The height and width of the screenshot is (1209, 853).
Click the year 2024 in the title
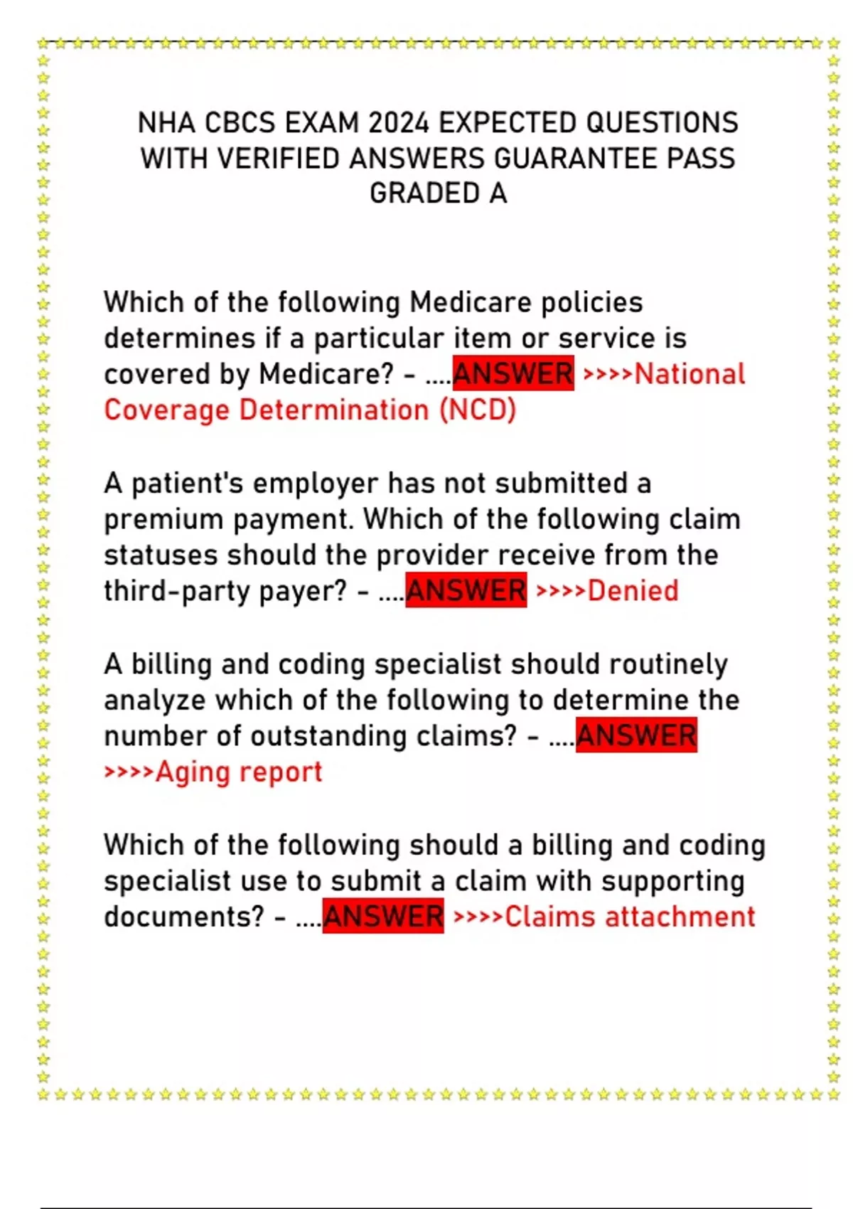[x=398, y=123]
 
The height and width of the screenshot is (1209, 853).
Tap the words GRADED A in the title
[x=438, y=193]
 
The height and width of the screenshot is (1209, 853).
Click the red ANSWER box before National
[x=513, y=374]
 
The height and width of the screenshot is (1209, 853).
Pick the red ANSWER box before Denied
[x=466, y=590]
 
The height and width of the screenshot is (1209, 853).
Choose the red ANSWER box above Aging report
[x=636, y=735]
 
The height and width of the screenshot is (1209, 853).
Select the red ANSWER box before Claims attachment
[x=383, y=916]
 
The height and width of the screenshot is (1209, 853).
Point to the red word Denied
[x=633, y=590]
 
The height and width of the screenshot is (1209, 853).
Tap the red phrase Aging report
[x=239, y=772]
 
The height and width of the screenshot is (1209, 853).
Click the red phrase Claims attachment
[x=630, y=916]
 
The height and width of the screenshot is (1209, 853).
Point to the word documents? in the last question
[x=184, y=916]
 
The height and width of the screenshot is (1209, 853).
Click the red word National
[x=690, y=374]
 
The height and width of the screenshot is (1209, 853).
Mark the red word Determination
[x=334, y=410]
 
